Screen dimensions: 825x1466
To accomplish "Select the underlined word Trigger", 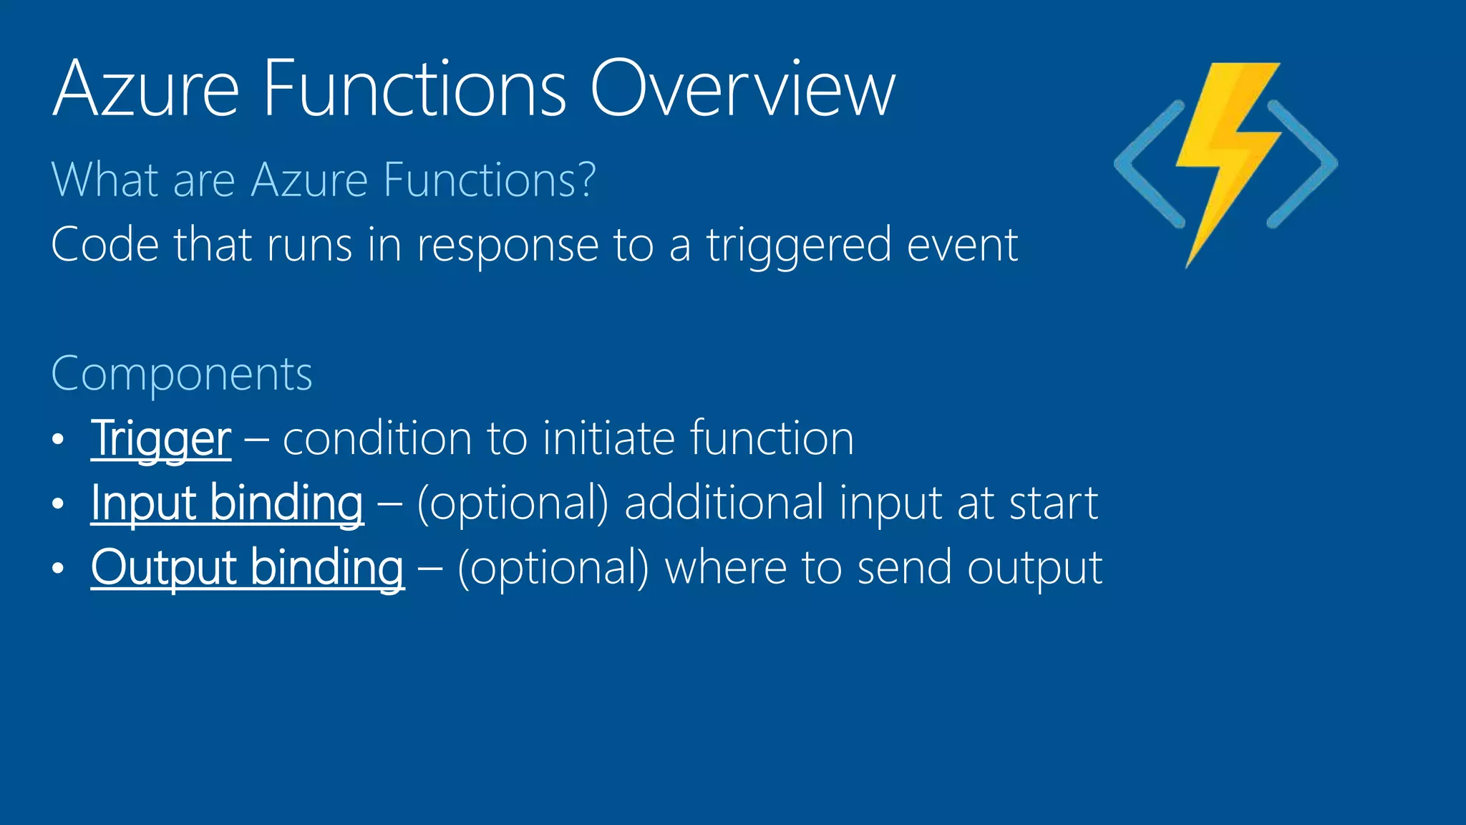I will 161,438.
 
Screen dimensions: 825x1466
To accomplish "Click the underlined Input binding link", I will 227,503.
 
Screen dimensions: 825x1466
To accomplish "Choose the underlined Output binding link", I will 248,567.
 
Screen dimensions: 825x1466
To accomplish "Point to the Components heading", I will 182,374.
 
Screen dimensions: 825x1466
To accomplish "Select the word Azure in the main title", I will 146,89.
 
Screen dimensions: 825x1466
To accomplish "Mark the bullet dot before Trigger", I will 59,439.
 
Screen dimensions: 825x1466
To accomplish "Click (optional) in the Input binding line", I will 513,503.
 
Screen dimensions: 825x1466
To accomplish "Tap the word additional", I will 724,503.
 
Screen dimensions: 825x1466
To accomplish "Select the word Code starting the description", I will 105,245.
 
